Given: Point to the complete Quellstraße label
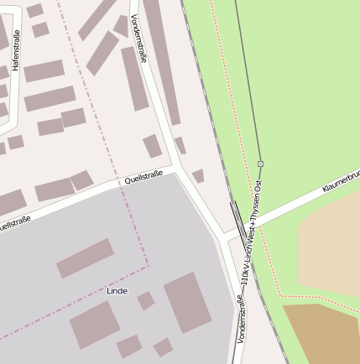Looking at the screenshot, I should [x=143, y=178].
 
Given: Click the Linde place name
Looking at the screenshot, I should [x=117, y=290].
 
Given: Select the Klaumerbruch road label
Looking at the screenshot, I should [x=341, y=183].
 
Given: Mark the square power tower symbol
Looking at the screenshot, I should [x=260, y=163].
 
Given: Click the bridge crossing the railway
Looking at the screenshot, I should [x=240, y=220].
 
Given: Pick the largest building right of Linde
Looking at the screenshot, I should [x=187, y=301].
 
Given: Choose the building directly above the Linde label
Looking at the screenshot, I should [x=85, y=257].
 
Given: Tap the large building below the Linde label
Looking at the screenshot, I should [x=95, y=325].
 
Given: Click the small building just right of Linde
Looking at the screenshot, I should [x=146, y=300].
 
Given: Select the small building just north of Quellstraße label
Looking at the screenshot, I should [x=152, y=146].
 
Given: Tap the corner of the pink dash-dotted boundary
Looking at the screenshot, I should [x=149, y=265].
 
